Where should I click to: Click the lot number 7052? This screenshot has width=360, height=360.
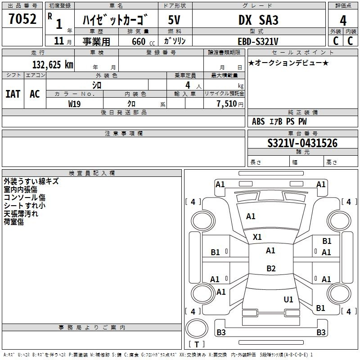click(x=22, y=19)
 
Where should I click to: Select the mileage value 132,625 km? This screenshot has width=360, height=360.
click(x=53, y=65)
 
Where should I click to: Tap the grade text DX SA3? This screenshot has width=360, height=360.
click(x=258, y=20)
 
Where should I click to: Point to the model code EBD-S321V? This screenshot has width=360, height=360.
click(x=258, y=41)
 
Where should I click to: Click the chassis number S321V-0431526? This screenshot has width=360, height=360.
click(x=302, y=143)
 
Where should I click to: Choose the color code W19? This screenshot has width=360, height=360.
click(x=74, y=104)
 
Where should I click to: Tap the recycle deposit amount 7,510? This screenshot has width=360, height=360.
click(x=227, y=104)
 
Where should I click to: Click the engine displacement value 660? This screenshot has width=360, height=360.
click(x=139, y=41)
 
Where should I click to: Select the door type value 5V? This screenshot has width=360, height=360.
click(x=174, y=20)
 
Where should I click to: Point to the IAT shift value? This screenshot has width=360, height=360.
click(x=13, y=94)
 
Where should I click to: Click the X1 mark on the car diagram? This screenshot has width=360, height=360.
click(x=257, y=237)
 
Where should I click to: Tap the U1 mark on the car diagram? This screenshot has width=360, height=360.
click(x=288, y=299)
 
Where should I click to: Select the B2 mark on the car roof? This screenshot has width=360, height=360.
click(x=271, y=268)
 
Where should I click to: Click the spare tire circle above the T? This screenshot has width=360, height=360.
click(x=197, y=328)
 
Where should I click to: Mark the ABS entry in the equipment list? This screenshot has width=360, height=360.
click(x=258, y=121)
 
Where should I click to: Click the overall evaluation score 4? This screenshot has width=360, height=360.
click(x=343, y=21)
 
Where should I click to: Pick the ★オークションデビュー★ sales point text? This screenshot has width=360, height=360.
click(x=288, y=63)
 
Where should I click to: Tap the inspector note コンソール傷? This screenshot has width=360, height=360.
click(x=25, y=198)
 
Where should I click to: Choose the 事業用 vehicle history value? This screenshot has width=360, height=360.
click(x=96, y=41)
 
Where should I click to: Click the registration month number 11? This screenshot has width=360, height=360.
click(x=59, y=41)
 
